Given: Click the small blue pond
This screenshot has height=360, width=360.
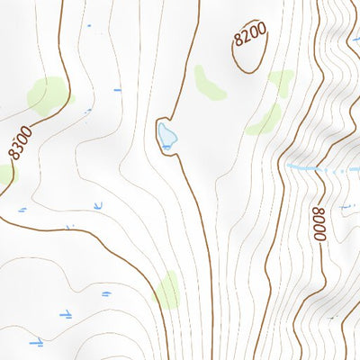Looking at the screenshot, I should [166, 136].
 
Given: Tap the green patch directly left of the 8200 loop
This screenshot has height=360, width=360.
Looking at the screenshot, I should [210, 82].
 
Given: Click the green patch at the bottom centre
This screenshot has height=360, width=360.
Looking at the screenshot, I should [167, 290].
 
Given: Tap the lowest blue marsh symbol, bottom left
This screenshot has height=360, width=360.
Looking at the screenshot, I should [36, 342].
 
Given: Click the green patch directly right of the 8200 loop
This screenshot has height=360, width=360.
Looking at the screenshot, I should [282, 82].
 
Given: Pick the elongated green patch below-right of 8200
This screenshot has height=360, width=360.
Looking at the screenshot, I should [265, 119].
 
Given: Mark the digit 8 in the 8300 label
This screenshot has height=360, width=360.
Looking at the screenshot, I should [13, 152].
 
